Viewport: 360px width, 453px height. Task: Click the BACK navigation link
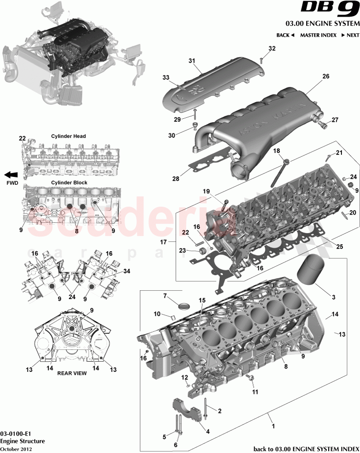(x=285, y=35)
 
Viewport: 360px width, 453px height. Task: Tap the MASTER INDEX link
(x=318, y=35)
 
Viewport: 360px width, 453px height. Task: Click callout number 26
(x=326, y=76)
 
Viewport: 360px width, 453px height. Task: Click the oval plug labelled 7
(x=184, y=306)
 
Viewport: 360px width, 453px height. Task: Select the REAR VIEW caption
(x=72, y=373)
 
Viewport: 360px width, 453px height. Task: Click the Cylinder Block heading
(x=69, y=182)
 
